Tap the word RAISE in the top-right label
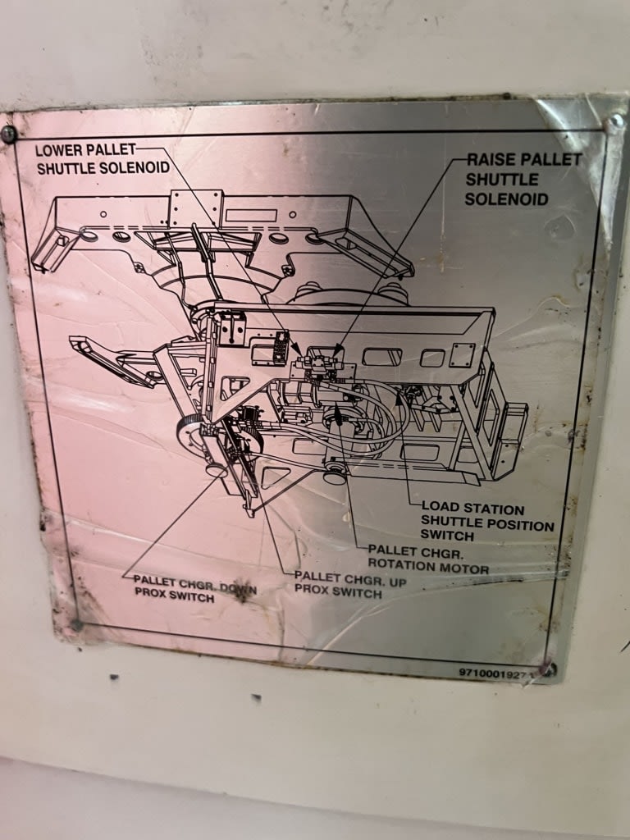pos(492,159)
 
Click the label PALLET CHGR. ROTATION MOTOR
pos(428,559)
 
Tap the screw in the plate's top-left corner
pos(8,134)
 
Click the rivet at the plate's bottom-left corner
pos(76,624)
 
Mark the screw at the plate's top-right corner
pos(614,123)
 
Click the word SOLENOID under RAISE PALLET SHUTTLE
pos(506,199)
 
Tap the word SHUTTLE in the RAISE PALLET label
pos(502,180)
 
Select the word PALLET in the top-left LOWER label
pos(109,149)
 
